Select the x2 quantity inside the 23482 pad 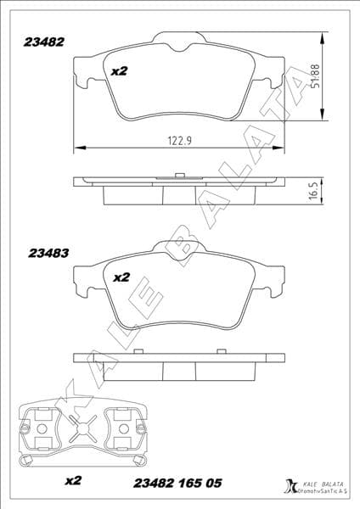pyautogui.click(x=119, y=71)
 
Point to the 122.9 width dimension pyautogui.click(x=177, y=140)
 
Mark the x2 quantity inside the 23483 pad pyautogui.click(x=121, y=277)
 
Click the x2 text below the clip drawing pyautogui.click(x=73, y=481)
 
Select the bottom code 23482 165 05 pyautogui.click(x=178, y=482)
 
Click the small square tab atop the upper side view pyautogui.click(x=179, y=174)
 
